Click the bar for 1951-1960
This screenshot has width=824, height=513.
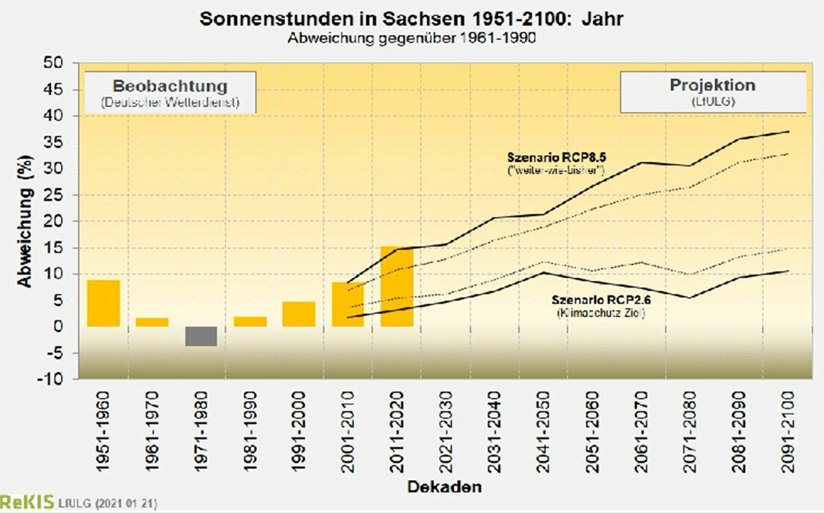tap(104, 303)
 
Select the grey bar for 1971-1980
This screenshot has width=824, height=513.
tap(201, 336)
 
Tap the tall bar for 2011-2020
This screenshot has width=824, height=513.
tap(397, 286)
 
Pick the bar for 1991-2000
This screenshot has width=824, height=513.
tap(299, 314)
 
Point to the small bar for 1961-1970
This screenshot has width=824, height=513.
tap(152, 322)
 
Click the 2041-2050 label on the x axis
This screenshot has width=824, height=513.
tap(542, 431)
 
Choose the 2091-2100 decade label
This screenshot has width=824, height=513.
tap(787, 431)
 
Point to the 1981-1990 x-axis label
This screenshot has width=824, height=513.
tap(250, 431)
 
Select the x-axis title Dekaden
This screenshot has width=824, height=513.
tap(444, 487)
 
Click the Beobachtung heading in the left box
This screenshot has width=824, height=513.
tap(170, 87)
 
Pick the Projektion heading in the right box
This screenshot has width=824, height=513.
tap(712, 85)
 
